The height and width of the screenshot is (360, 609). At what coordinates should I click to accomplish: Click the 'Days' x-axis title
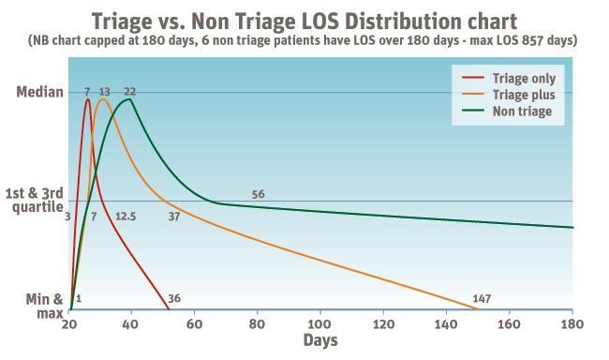coord(320,341)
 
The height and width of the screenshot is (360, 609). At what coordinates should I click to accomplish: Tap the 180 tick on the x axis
coord(572,323)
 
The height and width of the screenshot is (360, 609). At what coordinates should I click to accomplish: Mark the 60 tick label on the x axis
coord(195,323)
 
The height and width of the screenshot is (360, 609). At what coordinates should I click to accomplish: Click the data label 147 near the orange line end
coord(483,299)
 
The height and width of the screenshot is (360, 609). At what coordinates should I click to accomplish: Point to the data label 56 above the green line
coord(259,194)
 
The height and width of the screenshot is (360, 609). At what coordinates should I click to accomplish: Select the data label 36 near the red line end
coord(173,299)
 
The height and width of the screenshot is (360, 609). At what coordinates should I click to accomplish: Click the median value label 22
coord(129,91)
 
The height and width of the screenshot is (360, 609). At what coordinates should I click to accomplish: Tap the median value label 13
coord(104,91)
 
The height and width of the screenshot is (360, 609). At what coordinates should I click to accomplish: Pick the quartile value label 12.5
coord(126,217)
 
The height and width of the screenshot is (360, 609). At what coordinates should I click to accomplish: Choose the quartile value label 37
coord(174,217)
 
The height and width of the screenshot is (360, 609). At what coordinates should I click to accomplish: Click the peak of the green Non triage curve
coord(130,99)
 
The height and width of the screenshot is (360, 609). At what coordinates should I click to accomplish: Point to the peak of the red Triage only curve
coord(87,99)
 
